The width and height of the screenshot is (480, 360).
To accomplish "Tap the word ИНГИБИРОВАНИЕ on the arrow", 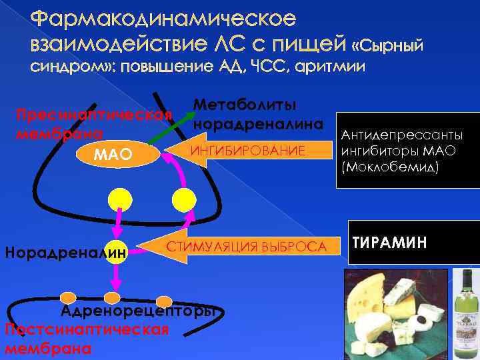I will pos(248,151).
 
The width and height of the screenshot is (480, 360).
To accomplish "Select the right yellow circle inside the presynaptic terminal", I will pos(183,199).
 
